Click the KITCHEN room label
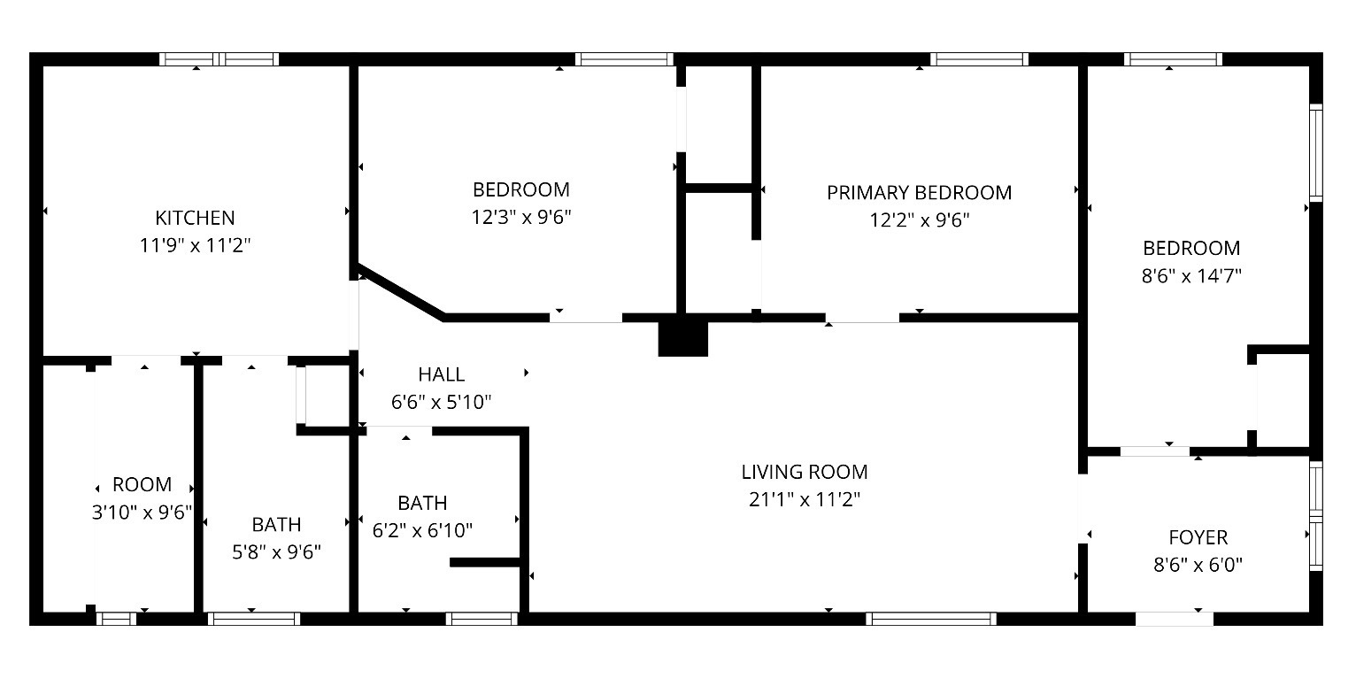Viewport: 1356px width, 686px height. click(x=195, y=218)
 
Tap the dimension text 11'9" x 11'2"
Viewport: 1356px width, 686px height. click(x=195, y=245)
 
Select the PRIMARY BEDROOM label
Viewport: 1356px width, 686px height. click(x=919, y=193)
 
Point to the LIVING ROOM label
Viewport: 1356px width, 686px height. click(x=805, y=472)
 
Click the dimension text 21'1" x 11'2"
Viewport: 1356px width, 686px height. click(x=805, y=499)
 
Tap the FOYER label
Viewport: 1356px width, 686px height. click(x=1198, y=537)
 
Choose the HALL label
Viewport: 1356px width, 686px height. click(x=442, y=374)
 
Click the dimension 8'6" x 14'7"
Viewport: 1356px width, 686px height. click(x=1191, y=276)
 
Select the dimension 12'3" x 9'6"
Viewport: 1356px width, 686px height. click(x=521, y=217)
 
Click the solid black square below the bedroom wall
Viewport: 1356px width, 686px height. click(x=682, y=338)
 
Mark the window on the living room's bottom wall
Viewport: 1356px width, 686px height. click(x=931, y=618)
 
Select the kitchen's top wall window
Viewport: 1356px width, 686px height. click(x=220, y=59)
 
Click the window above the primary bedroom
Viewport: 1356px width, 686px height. click(x=980, y=59)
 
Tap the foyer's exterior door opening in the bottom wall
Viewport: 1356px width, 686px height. click(x=1175, y=619)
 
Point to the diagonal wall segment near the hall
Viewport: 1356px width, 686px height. click(x=401, y=292)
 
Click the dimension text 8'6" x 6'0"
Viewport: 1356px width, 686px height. click(x=1198, y=565)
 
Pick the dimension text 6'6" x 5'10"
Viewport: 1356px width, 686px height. click(x=442, y=402)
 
